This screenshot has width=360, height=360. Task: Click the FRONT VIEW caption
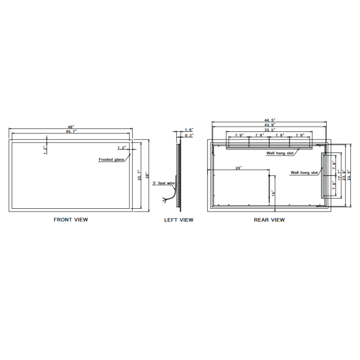pos(71,220)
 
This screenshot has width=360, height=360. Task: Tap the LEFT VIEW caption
pos(179,220)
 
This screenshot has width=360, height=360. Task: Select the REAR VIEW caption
pos(269,220)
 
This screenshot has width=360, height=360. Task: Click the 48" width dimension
pos(71,127)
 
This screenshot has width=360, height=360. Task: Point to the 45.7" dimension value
pos(72,131)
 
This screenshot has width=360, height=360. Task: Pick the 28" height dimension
pos(148,175)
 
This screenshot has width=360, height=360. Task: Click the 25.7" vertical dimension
pos(139,175)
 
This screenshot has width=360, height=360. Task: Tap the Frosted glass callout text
pos(111,159)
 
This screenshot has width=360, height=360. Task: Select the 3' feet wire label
pos(163,183)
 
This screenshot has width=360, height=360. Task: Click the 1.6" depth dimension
pos(189,130)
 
